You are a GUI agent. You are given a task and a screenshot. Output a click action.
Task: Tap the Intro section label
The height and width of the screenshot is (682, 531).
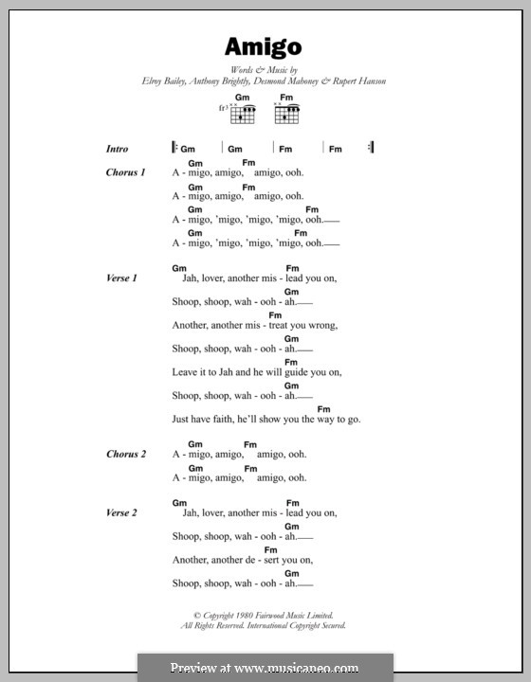[118, 149]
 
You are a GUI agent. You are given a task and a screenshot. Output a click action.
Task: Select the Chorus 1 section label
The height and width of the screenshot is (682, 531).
[126, 172]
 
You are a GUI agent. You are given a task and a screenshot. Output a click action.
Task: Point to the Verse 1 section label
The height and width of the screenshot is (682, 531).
[122, 278]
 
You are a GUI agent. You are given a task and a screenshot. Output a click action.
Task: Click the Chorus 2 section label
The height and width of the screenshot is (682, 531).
[126, 455]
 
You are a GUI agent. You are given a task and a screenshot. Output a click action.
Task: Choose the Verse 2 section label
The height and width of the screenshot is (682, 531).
[122, 512]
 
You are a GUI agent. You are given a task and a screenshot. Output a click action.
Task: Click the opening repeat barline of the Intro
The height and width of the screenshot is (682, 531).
[174, 148]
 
